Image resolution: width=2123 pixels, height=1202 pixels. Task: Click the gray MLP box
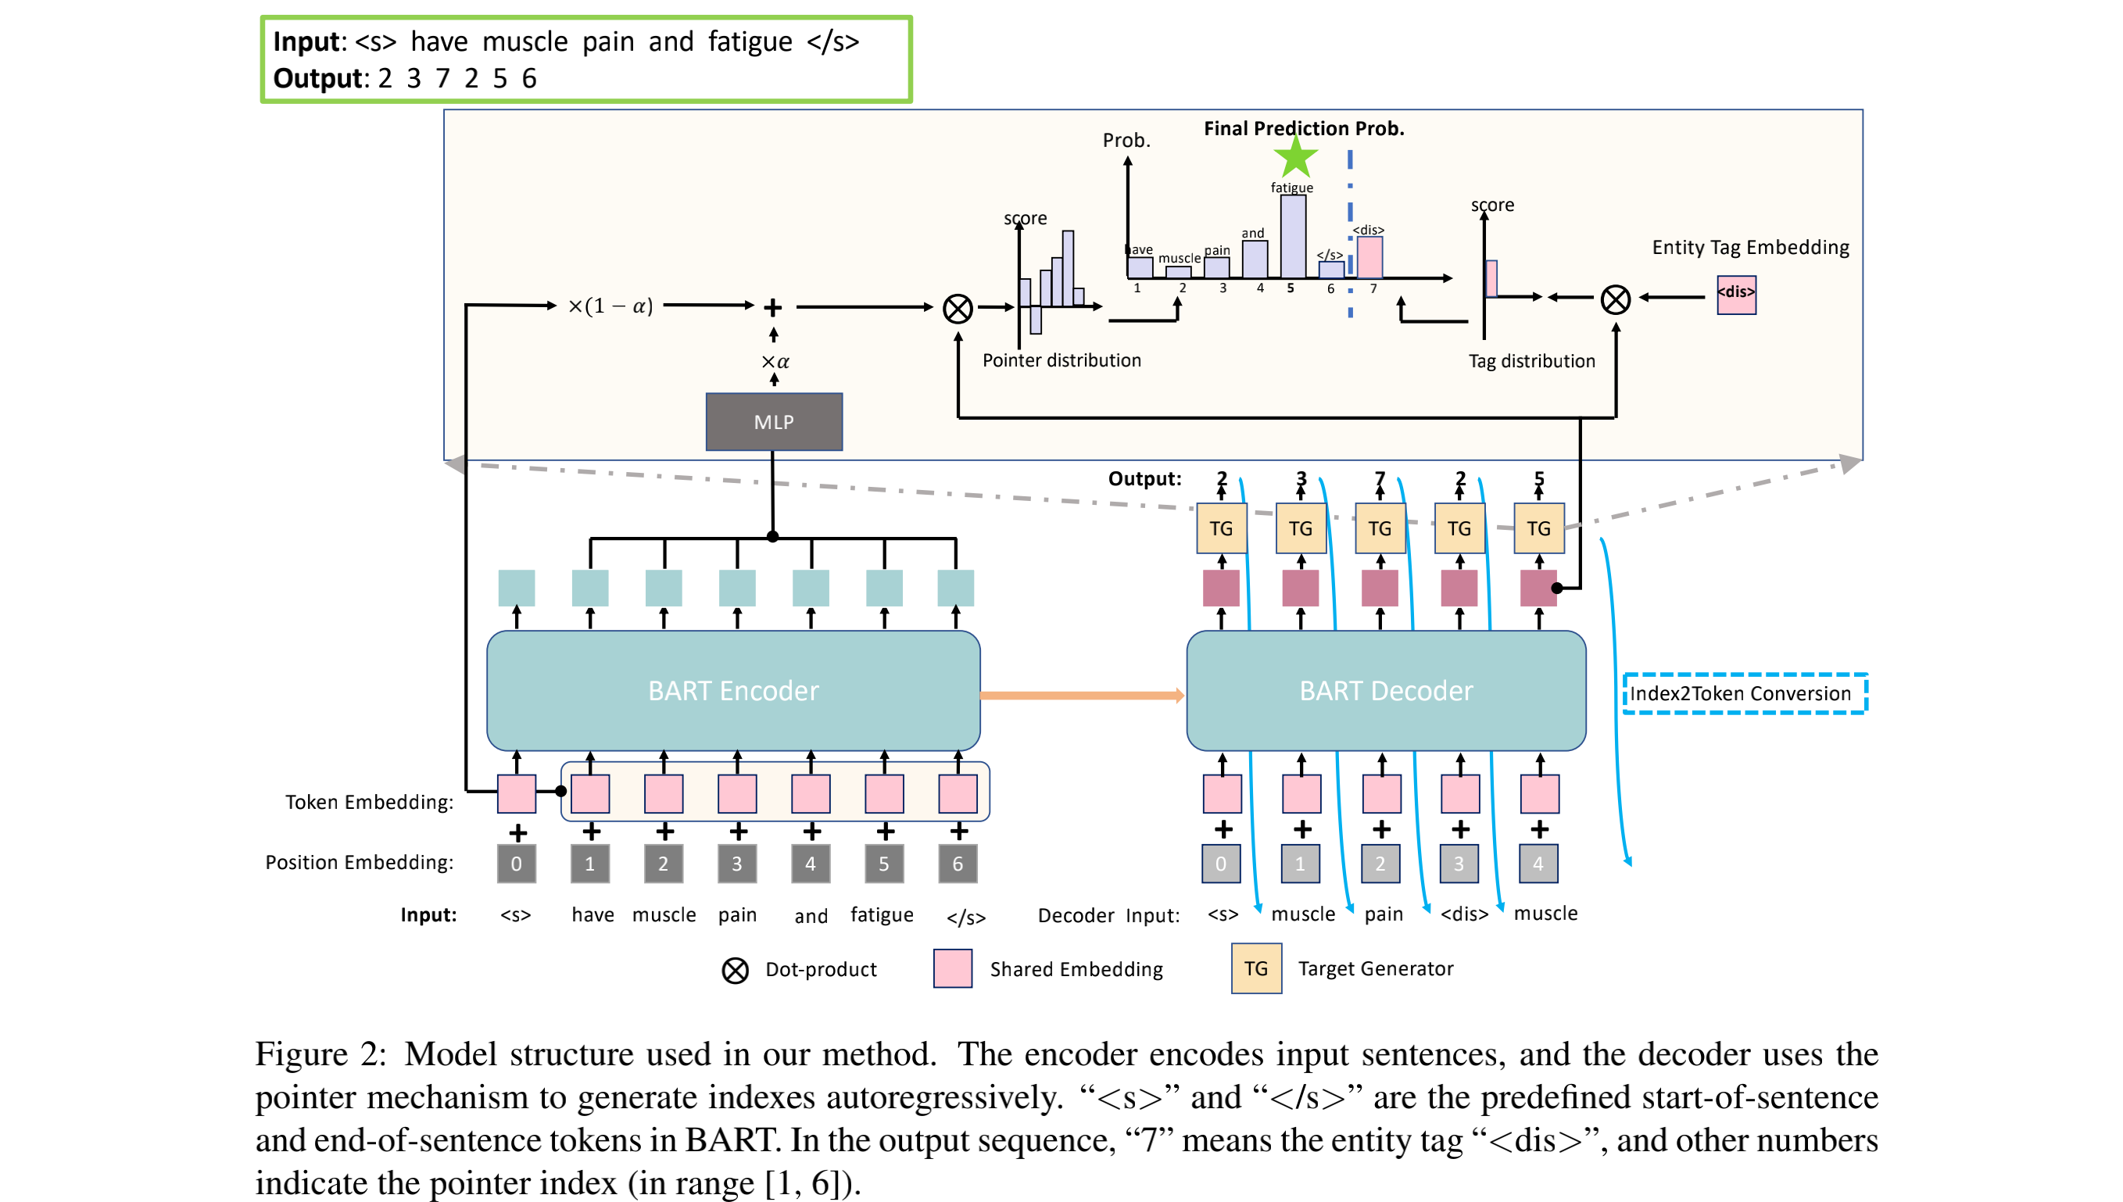coord(773,422)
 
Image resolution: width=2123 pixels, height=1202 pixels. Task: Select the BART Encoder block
coord(733,690)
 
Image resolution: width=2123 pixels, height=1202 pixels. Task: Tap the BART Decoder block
coord(1385,690)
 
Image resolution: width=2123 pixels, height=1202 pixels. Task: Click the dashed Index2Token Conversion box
coord(1743,693)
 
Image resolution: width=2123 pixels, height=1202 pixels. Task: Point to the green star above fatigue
coord(1295,157)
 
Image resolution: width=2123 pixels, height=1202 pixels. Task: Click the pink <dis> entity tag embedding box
coord(1736,295)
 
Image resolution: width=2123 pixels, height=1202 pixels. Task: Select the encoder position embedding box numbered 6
coord(958,864)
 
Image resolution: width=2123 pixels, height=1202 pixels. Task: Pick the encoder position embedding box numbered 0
coord(517,864)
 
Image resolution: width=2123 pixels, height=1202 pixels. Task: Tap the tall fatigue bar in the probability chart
coord(1293,236)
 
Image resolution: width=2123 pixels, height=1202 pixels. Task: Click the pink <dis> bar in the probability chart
coord(1369,258)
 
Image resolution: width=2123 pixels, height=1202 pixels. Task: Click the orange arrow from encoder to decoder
coord(1081,695)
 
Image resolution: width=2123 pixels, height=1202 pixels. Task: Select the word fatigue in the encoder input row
coord(882,914)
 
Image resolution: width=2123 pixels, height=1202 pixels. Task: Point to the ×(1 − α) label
coord(610,306)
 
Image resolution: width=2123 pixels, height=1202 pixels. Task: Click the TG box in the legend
coord(1255,968)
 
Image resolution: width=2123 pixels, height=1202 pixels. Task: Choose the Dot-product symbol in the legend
coord(735,970)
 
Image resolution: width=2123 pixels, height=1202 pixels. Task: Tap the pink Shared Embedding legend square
coord(952,968)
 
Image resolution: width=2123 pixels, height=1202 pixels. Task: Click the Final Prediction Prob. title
coord(1303,129)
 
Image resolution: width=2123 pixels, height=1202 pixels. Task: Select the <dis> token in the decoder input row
coord(1463,914)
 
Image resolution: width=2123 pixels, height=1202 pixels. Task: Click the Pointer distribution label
coord(1061,360)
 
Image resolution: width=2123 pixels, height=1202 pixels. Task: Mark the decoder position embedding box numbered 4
coord(1538,864)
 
